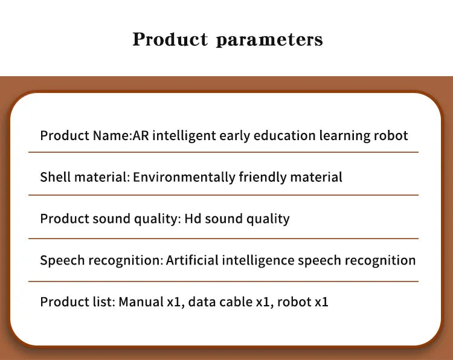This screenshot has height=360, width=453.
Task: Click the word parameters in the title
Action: click(269, 40)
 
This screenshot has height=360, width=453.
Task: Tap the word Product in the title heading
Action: click(169, 39)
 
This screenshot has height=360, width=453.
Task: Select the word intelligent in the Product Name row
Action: click(182, 135)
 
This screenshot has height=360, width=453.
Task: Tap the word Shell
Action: click(54, 177)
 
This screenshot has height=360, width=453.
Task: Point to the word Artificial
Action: click(192, 260)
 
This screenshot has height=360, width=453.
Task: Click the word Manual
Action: click(141, 301)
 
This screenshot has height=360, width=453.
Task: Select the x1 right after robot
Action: click(321, 301)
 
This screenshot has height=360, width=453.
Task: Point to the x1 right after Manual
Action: click(174, 301)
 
